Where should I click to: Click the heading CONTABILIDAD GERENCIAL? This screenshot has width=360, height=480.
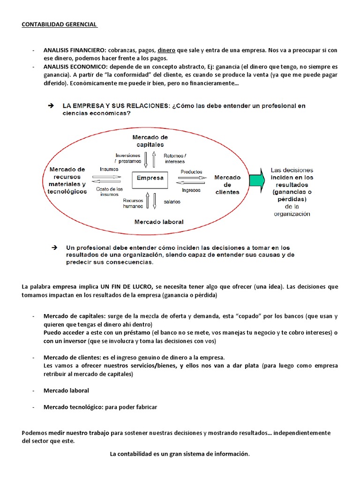59,24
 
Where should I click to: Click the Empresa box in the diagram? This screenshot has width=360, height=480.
150,178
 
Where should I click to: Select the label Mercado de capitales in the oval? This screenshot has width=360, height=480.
150,141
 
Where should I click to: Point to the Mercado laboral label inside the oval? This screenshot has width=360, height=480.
159,222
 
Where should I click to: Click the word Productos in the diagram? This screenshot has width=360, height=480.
191,172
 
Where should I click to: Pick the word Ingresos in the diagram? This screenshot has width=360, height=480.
191,190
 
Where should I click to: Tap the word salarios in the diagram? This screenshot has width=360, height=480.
172,202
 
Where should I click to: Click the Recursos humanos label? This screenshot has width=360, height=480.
133,203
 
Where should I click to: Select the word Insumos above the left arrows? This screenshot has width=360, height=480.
109,169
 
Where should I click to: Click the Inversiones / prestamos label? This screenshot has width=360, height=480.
127,158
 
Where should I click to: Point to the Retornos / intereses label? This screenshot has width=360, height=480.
175,158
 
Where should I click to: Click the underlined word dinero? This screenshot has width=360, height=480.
166,50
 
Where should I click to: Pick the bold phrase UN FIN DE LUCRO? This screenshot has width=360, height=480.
125,287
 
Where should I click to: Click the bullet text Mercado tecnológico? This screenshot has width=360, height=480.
71,407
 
